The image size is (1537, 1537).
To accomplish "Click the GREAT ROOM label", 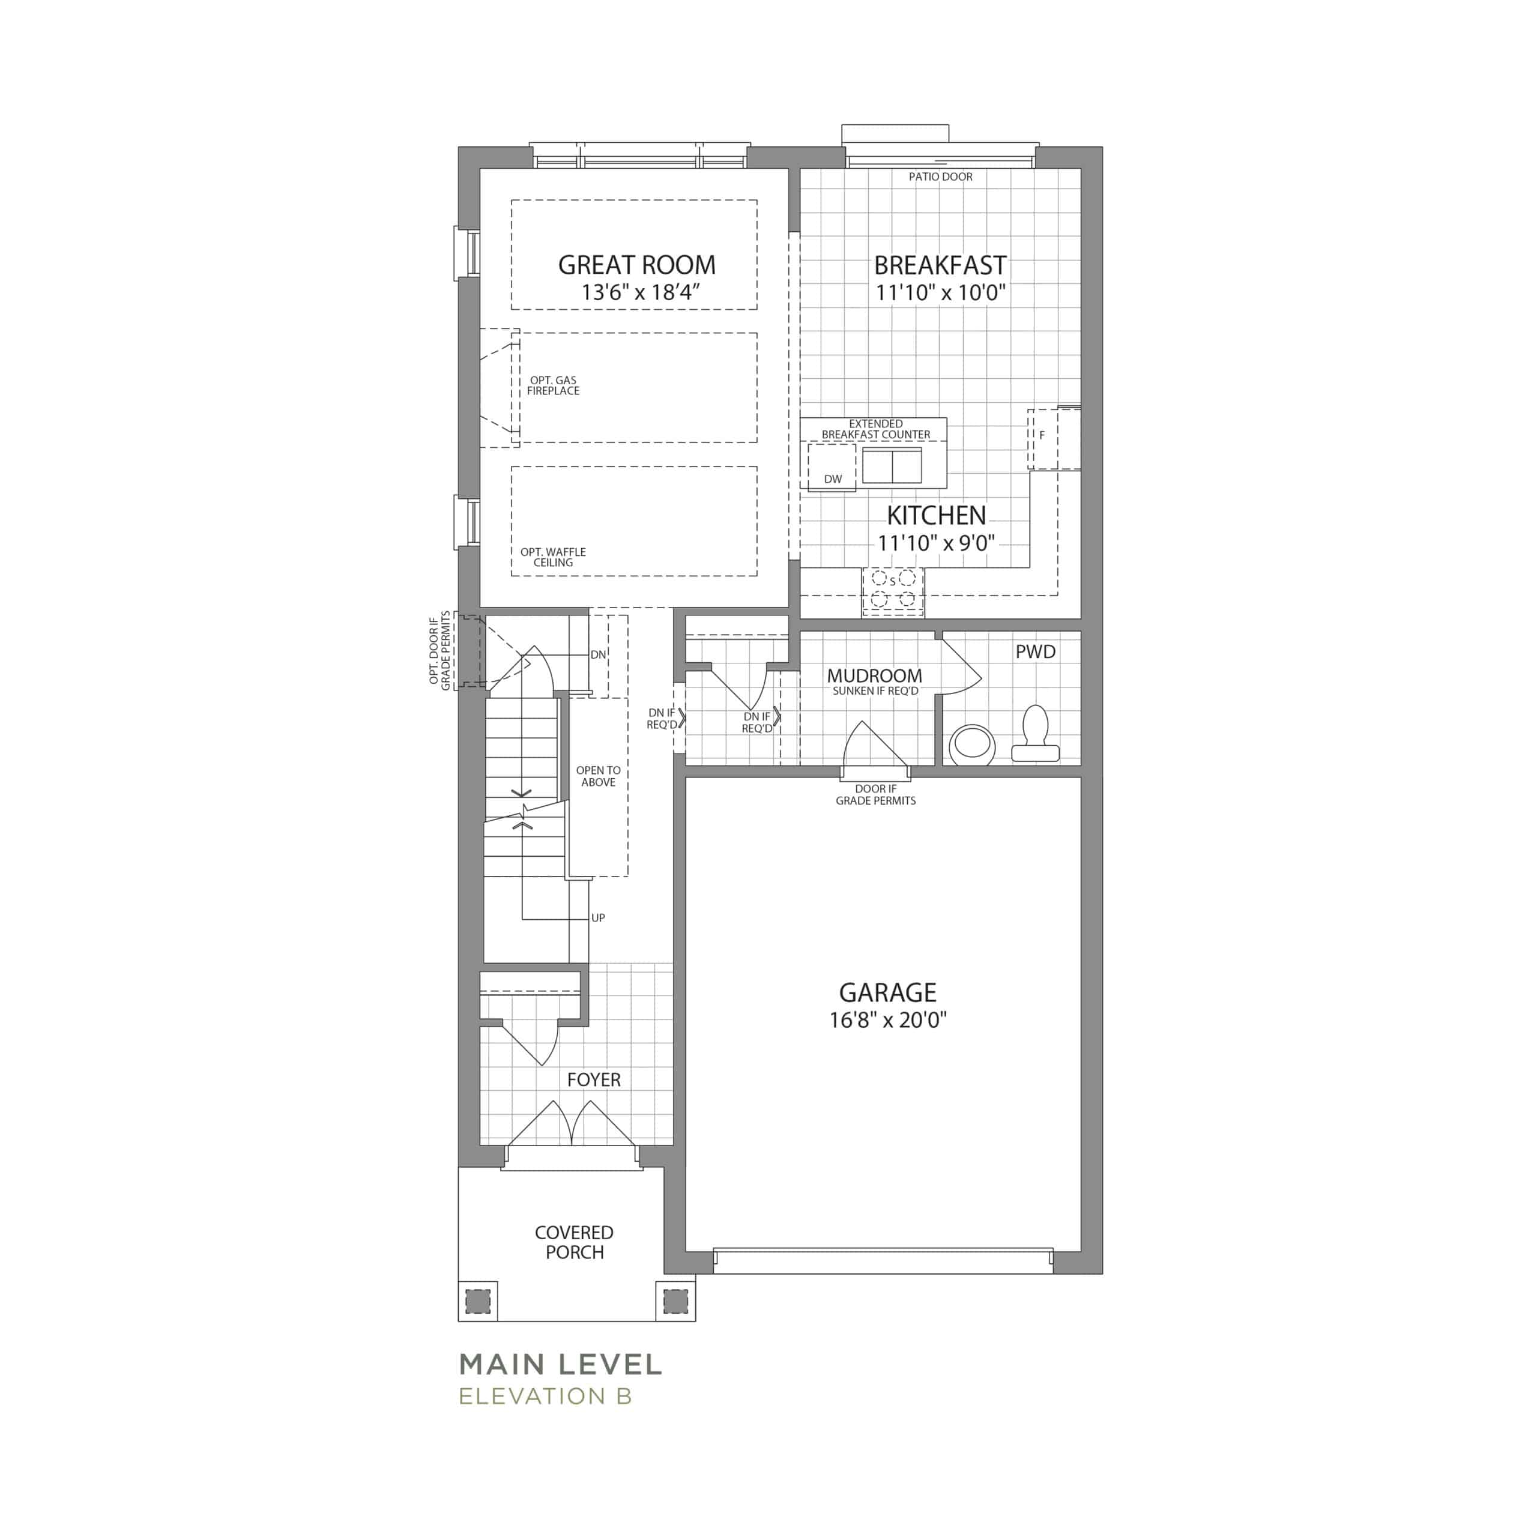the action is point(636,265).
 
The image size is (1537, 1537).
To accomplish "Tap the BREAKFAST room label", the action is point(940,265).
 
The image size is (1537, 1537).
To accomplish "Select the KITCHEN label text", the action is point(937,516).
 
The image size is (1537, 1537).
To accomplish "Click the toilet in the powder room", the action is point(1035,734).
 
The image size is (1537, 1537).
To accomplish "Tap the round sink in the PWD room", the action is point(971,744).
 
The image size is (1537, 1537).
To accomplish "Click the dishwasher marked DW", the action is point(832,467).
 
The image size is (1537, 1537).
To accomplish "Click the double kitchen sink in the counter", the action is point(892,465).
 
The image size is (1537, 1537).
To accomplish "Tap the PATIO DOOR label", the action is point(940,177).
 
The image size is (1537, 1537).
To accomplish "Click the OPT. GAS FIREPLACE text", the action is point(553,386).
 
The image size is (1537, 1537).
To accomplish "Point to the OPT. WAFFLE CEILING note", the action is point(553,557).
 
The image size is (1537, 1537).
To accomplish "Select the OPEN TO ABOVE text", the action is point(598,776).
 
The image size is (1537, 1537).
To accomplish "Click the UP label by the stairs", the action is point(598,918).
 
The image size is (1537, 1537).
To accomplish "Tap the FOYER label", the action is point(593,1080).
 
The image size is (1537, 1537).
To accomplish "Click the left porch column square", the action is point(478,1300).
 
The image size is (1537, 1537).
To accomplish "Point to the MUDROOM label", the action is point(874,675).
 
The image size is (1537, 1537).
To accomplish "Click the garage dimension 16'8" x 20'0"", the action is point(888,1020).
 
